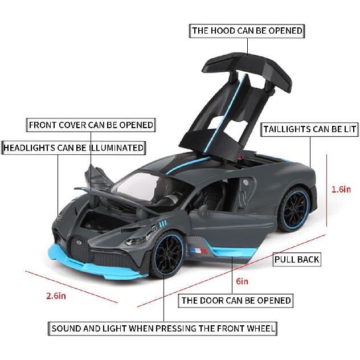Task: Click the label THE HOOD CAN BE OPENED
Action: [x=247, y=31]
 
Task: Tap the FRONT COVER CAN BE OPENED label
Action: [x=91, y=125]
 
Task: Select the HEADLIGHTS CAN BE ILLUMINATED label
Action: [x=73, y=148]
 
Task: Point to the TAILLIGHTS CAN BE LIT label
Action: [x=310, y=129]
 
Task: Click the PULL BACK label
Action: [x=297, y=260]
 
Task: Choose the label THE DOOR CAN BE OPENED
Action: [x=236, y=300]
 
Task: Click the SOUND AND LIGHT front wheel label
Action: [x=163, y=329]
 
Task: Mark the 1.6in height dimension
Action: [x=341, y=190]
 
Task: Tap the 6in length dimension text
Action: [x=242, y=281]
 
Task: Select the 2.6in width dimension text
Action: [x=56, y=296]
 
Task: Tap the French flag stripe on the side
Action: [x=198, y=249]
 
